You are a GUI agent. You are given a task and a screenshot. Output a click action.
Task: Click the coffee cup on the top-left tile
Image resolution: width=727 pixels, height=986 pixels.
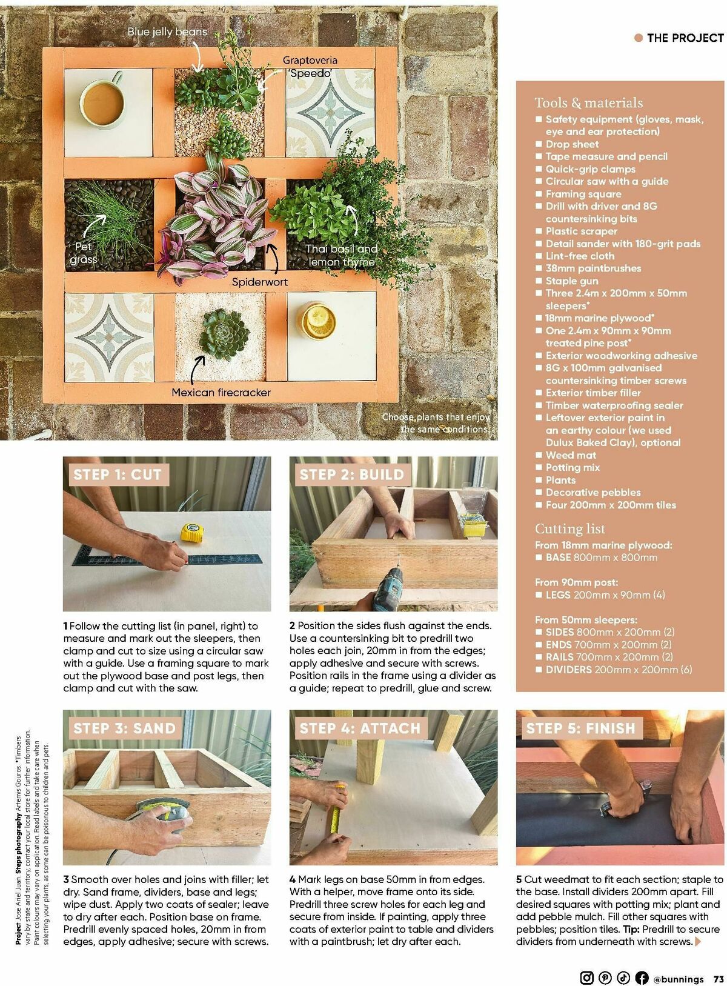(102, 99)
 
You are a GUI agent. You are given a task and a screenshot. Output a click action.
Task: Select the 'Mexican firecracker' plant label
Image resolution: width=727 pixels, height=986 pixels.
(221, 393)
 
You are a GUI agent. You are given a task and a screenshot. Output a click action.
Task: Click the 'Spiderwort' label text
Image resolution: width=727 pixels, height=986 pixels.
(260, 282)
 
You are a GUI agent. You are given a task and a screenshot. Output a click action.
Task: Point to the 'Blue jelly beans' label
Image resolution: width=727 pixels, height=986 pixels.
(167, 32)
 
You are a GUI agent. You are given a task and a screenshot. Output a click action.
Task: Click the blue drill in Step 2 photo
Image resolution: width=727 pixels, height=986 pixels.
(386, 589)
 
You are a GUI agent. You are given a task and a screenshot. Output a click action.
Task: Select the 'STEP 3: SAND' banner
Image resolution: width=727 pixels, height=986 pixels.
(124, 728)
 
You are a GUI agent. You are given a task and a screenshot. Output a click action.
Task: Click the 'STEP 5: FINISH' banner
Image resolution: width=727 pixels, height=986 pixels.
(580, 728)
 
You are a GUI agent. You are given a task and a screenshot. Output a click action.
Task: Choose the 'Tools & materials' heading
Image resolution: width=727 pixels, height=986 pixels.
(588, 102)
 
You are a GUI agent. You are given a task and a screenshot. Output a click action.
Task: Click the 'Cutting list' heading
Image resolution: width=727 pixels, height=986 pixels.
(569, 528)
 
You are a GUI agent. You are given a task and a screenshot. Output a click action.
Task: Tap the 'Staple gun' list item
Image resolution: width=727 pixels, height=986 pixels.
(571, 281)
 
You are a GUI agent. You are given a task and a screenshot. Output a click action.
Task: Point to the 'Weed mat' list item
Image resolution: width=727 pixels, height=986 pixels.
(571, 455)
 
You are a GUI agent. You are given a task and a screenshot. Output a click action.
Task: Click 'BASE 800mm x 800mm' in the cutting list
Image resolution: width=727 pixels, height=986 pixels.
(600, 558)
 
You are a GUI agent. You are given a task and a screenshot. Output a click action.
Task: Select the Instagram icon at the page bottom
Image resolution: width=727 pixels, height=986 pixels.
(586, 978)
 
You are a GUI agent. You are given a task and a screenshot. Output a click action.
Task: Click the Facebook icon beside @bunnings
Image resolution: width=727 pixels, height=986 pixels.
(642, 978)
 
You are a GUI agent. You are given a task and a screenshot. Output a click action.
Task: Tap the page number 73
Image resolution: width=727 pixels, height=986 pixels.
(719, 978)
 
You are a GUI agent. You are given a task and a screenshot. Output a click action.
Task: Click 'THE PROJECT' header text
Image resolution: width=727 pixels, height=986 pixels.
(685, 38)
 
